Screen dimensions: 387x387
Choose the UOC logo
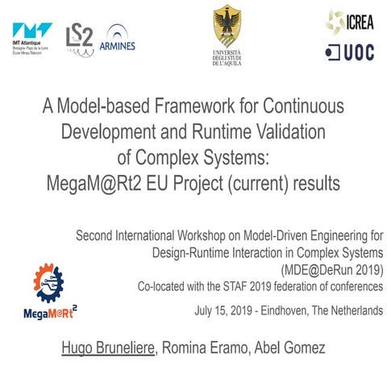click(349, 52)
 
